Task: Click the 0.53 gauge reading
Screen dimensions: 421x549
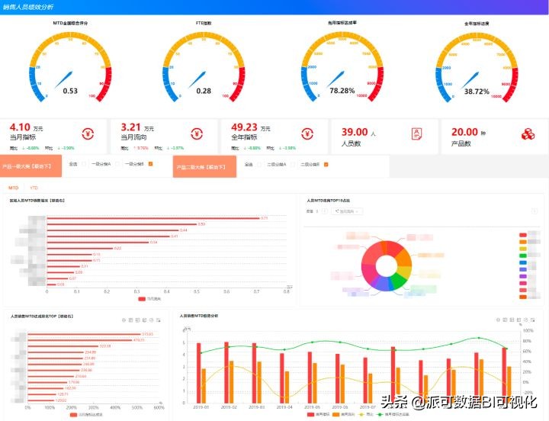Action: click(x=70, y=91)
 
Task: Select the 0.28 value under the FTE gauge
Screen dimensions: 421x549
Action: click(x=204, y=91)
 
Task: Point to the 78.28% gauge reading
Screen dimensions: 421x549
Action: click(x=342, y=91)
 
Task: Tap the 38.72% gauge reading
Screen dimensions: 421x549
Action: click(x=477, y=91)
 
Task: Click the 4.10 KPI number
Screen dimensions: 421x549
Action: click(x=21, y=128)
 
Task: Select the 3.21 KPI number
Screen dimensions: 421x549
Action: click(x=132, y=128)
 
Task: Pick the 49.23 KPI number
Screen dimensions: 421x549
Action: click(x=245, y=128)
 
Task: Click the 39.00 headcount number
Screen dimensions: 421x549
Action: click(x=355, y=132)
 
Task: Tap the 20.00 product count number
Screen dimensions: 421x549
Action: click(x=464, y=132)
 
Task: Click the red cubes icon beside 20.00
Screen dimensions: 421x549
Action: click(x=528, y=133)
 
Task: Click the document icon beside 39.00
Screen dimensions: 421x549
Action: click(x=416, y=133)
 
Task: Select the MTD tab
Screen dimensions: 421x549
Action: click(x=14, y=187)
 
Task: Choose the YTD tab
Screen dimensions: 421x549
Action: click(x=34, y=187)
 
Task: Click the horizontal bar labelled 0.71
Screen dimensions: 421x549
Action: click(x=153, y=218)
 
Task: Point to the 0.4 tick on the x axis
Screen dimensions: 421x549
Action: click(x=167, y=291)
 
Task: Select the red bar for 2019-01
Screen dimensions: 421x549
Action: click(x=199, y=372)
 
